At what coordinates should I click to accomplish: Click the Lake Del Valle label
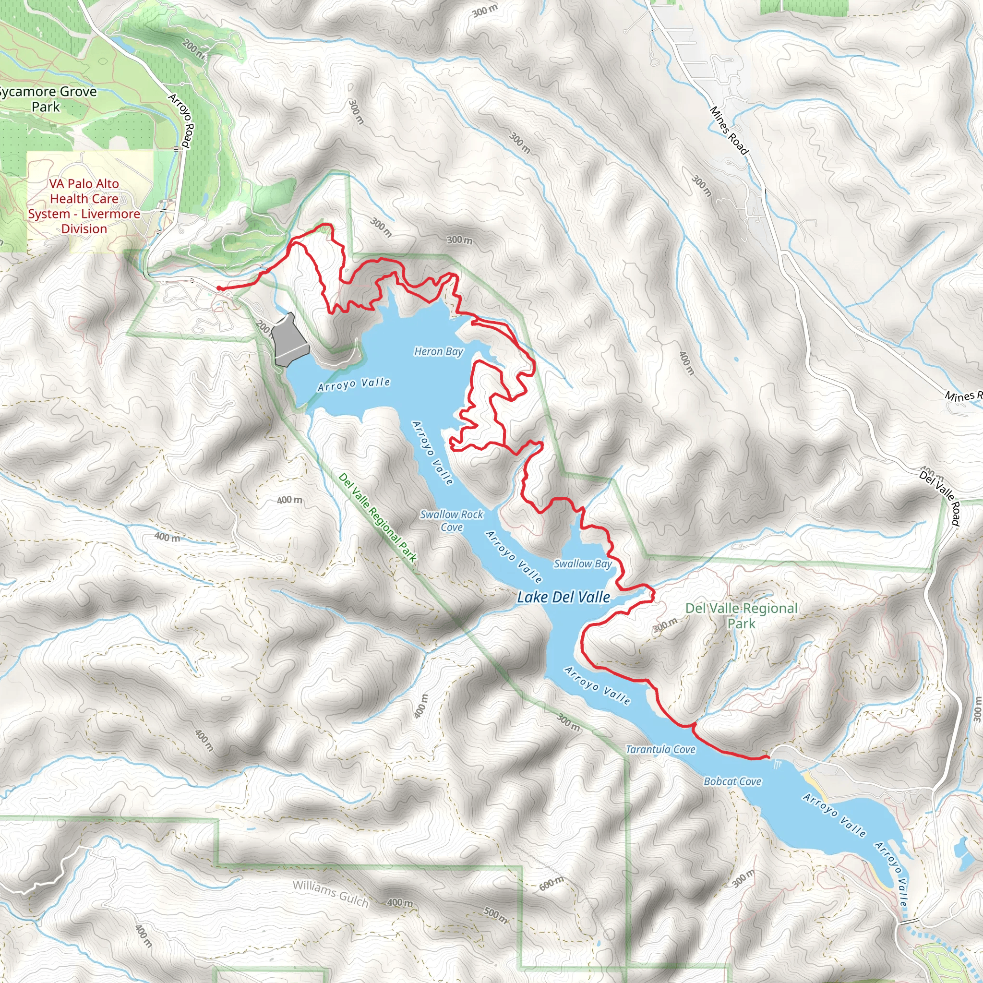coord(563,597)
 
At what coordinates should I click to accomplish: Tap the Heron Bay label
coord(439,351)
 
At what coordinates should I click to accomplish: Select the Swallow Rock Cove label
coord(452,520)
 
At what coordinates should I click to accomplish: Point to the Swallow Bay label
coord(583,564)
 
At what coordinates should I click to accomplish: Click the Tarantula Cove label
coord(660,749)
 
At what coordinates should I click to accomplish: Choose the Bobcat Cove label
coord(732,781)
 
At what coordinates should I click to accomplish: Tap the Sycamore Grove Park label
coord(47,99)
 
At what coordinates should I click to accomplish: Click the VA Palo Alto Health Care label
coord(84,206)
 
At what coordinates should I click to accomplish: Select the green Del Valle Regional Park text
coord(741,616)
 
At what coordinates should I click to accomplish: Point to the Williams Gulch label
coord(330,893)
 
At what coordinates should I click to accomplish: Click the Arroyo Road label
coord(181,120)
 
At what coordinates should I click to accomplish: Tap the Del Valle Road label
coord(940,498)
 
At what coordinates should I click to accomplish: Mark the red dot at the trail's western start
coord(219,288)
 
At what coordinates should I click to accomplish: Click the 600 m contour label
coord(551,884)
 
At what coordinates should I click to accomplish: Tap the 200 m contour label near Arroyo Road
coord(194,50)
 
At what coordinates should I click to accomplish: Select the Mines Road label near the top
coord(729,130)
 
